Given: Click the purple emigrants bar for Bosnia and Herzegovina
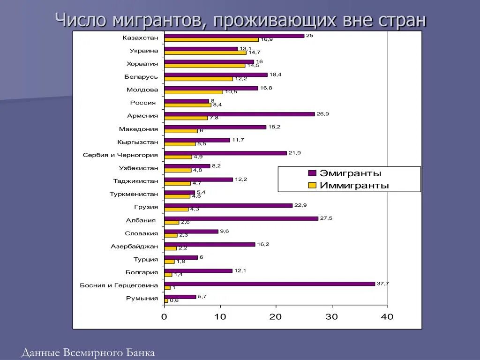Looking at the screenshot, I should tap(270, 284).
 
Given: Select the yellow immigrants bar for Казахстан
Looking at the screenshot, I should tap(211, 39).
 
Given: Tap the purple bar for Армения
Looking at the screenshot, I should tap(240, 114).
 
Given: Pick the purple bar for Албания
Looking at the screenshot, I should tap(241, 218).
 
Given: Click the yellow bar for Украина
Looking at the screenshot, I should tap(205, 52).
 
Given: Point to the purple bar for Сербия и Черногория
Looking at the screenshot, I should tap(225, 153).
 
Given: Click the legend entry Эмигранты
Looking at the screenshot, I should tap(350, 173).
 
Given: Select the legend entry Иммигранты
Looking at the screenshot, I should tap(354, 185).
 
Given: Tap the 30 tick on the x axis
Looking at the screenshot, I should tap(332, 317).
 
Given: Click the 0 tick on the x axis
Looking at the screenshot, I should tap(164, 317).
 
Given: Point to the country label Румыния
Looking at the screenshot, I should tap(142, 298).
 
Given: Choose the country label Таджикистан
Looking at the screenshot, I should tap(135, 181).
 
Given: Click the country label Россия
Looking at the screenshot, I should tap(143, 103).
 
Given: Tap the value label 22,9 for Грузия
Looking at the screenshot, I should tap(300, 205).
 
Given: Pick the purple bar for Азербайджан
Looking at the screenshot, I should tap(210, 244).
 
